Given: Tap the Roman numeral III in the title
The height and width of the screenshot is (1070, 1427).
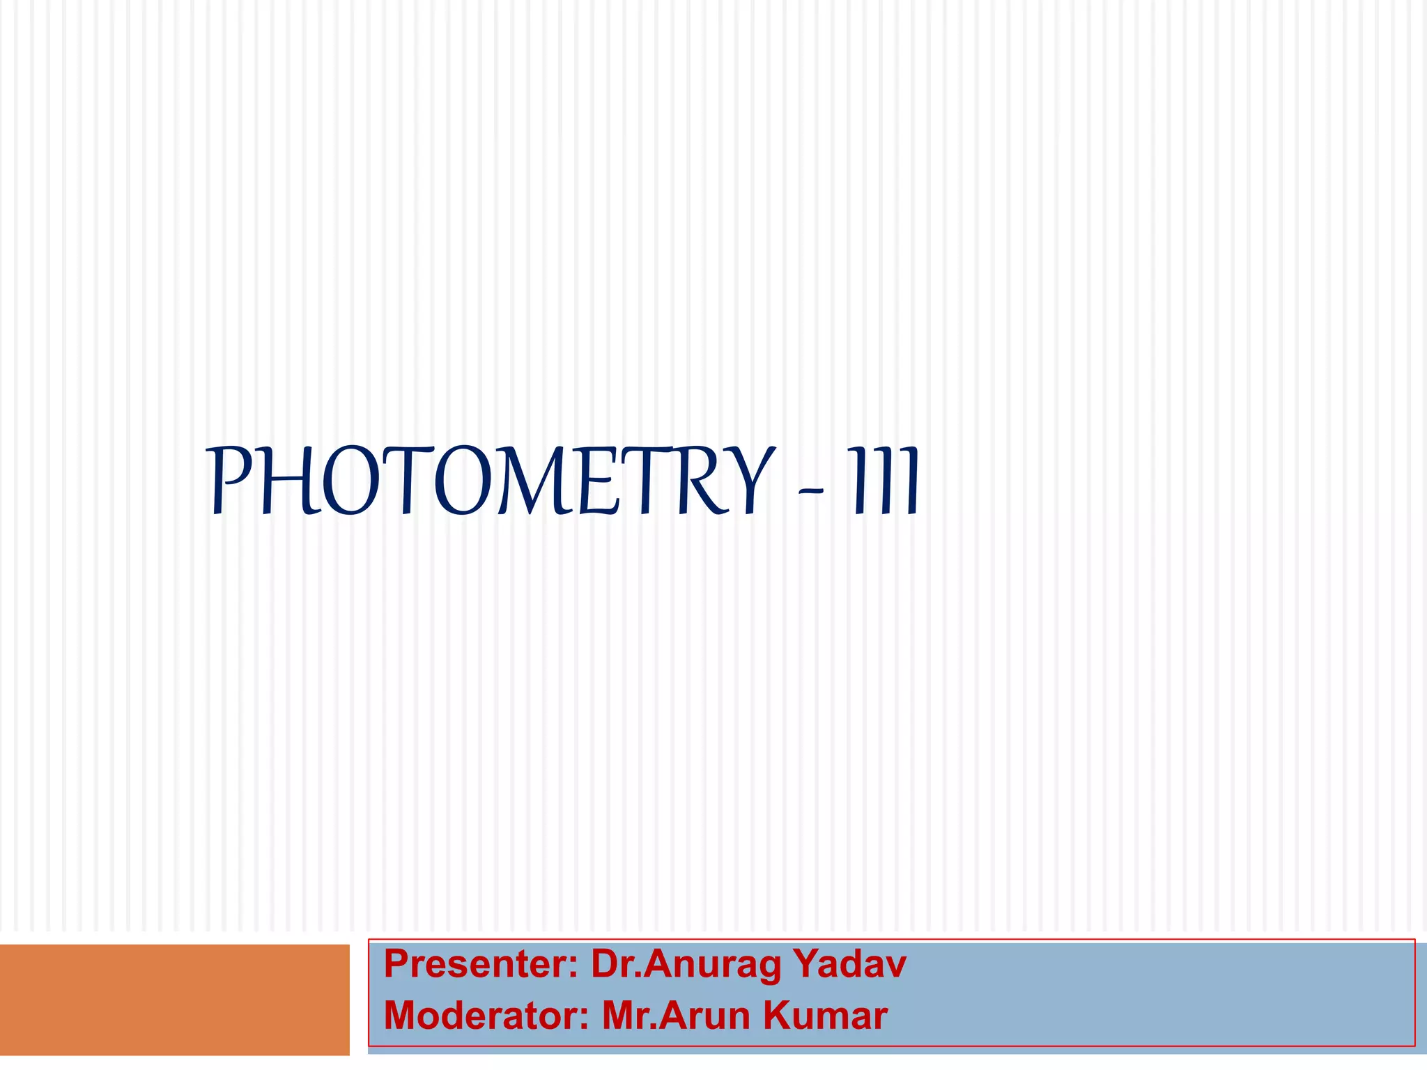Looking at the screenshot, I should pyautogui.click(x=883, y=481).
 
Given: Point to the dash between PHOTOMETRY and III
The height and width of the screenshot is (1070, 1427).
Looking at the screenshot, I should pyautogui.click(x=811, y=491).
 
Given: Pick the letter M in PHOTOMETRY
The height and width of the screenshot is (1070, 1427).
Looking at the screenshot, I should pyautogui.click(x=537, y=481).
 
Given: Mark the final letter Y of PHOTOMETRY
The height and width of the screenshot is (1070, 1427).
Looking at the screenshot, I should pyautogui.click(x=751, y=481).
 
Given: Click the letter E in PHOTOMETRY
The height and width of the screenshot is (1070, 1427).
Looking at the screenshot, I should pyautogui.click(x=598, y=481).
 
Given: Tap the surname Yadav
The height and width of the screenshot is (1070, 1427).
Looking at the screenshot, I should pyautogui.click(x=849, y=965).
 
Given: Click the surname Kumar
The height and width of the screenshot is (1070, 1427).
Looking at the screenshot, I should pyautogui.click(x=826, y=1016).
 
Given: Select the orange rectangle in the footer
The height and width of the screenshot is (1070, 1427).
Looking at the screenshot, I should pyautogui.click(x=174, y=1000).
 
